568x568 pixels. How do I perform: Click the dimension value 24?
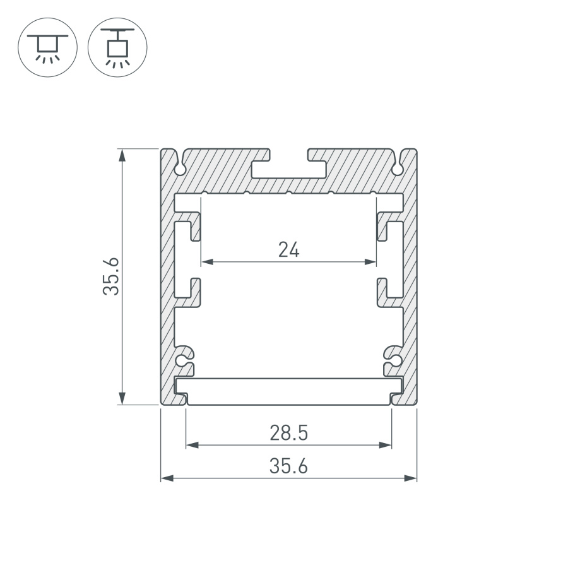coord(288,250)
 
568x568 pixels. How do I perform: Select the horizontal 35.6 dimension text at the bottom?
coord(288,466)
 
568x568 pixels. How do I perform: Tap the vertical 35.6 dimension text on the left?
coord(112,276)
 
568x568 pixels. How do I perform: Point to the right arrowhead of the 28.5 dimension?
coord(386,445)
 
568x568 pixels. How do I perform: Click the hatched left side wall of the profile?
coord(167,284)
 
